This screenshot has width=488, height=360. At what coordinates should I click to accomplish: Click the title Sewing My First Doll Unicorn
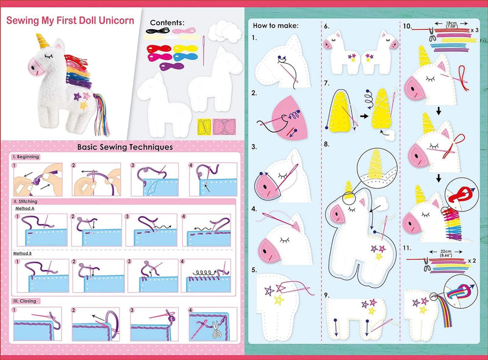[70, 20]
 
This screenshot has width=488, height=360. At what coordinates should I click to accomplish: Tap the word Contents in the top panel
[167, 23]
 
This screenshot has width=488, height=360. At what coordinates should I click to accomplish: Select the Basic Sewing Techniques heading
[124, 146]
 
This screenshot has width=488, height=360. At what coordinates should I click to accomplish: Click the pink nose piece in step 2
[281, 109]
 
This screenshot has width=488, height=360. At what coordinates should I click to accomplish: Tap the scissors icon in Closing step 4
[218, 332]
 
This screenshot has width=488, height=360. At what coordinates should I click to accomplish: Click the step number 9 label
[327, 296]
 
